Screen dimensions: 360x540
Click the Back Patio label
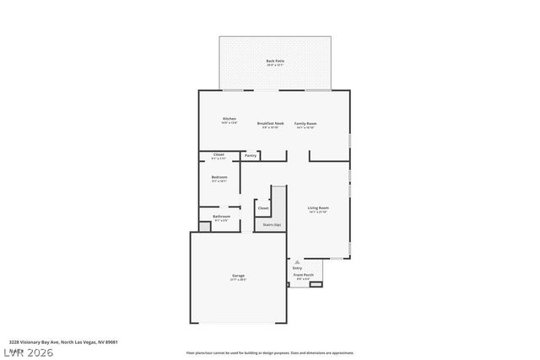(x=275, y=61)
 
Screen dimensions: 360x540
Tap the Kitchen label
(x=229, y=119)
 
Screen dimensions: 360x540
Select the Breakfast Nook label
(x=271, y=123)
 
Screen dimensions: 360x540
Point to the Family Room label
(x=305, y=123)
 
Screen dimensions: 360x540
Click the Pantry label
(x=251, y=155)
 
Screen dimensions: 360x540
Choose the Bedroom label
(x=219, y=177)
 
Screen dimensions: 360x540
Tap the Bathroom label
(x=221, y=217)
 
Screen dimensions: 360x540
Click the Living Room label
(x=318, y=207)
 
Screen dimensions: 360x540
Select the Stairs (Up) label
(x=272, y=224)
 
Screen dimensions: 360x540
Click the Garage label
(x=239, y=276)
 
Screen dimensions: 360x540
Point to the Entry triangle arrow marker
(x=297, y=261)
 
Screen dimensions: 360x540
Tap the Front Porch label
(x=303, y=275)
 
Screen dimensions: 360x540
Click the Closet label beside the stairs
(x=263, y=207)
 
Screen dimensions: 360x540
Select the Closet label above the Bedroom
(x=219, y=154)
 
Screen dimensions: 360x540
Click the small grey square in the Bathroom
(x=204, y=226)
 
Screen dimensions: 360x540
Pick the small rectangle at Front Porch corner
(x=316, y=284)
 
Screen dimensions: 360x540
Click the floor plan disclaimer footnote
(x=270, y=352)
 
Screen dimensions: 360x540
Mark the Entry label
(x=297, y=268)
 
